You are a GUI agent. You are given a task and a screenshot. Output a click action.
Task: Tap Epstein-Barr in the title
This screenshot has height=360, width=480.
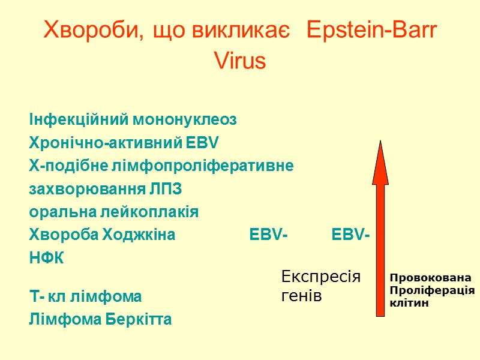tap(371, 31)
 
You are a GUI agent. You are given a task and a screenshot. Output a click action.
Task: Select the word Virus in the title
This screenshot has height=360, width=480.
tap(240, 61)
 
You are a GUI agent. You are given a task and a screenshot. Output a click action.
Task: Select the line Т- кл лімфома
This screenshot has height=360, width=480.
tap(86, 296)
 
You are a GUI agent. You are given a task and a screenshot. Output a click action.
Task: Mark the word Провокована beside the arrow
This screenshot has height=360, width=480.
tap(430, 278)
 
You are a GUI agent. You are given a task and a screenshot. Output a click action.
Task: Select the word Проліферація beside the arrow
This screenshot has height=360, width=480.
tap(432, 290)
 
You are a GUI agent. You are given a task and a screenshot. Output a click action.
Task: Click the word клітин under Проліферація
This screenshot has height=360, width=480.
tap(409, 303)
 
